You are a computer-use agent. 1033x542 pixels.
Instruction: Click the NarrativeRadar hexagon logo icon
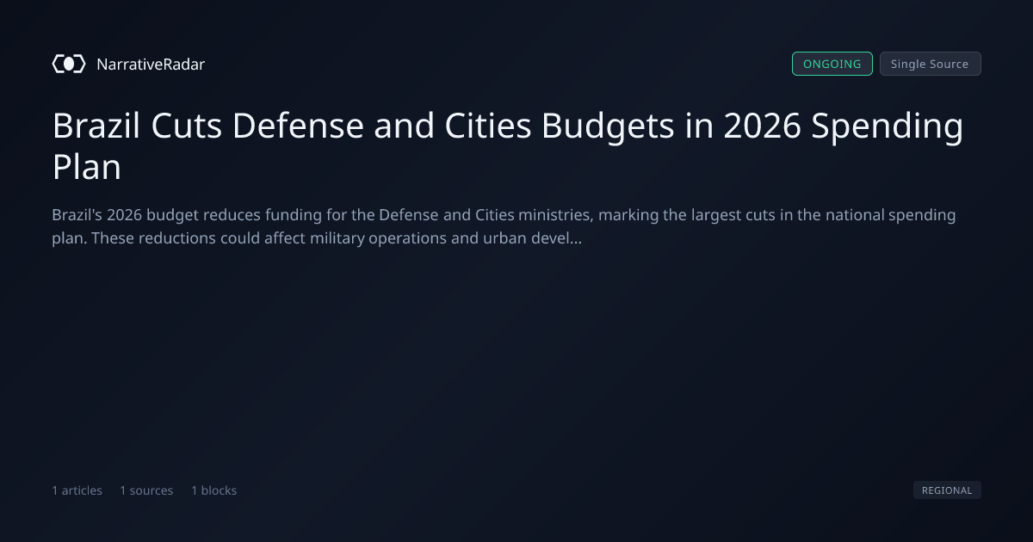[x=69, y=64]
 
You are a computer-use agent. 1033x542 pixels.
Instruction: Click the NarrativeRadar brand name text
[x=151, y=65]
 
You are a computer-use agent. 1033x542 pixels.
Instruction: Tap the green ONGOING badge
[x=832, y=64]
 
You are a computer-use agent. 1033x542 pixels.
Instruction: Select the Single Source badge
[x=931, y=64]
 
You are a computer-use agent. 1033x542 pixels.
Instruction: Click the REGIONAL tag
[x=947, y=490]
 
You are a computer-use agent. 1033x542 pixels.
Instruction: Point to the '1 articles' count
[x=77, y=490]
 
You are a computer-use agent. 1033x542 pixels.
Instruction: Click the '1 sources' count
[x=146, y=490]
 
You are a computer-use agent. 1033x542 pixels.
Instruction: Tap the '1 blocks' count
[x=214, y=490]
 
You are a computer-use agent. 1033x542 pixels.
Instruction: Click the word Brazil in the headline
[x=96, y=126]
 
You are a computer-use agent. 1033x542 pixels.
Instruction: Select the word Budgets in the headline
[x=608, y=126]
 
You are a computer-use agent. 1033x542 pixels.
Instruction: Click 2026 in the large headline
[x=762, y=126]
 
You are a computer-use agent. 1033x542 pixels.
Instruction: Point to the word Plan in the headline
[x=87, y=167]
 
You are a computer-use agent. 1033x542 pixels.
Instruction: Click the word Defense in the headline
[x=298, y=126]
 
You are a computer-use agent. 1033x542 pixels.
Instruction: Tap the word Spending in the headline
[x=888, y=126]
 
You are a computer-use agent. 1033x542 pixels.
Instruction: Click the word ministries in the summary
[x=555, y=215]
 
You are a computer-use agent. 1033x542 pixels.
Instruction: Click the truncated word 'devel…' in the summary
[x=557, y=238]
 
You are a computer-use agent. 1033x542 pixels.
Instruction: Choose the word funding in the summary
[x=294, y=216]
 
